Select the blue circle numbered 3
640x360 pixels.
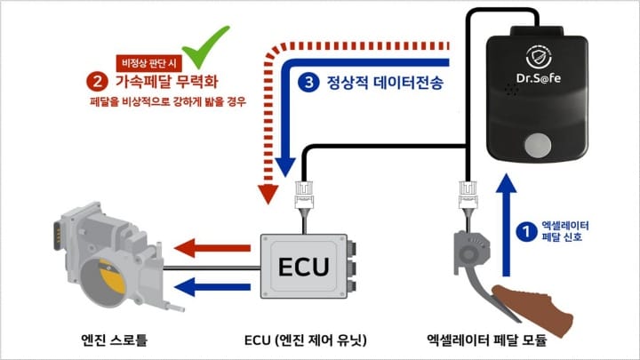click(x=308, y=84)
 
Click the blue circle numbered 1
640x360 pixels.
click(x=526, y=232)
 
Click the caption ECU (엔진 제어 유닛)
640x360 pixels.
click(x=305, y=340)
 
